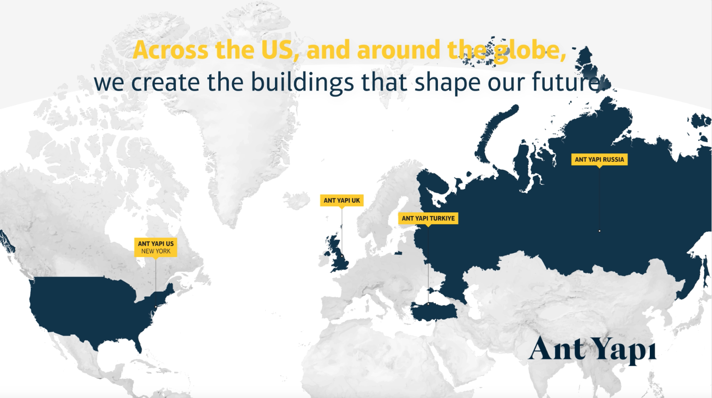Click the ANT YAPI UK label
342,200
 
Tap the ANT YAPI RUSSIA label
600,159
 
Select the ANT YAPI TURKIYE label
428,218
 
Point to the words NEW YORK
156,251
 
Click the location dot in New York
156,307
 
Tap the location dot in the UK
342,256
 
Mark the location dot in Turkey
428,304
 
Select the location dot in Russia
600,231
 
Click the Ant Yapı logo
592,350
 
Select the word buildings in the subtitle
302,82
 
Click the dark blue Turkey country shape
434,311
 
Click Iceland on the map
296,200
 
